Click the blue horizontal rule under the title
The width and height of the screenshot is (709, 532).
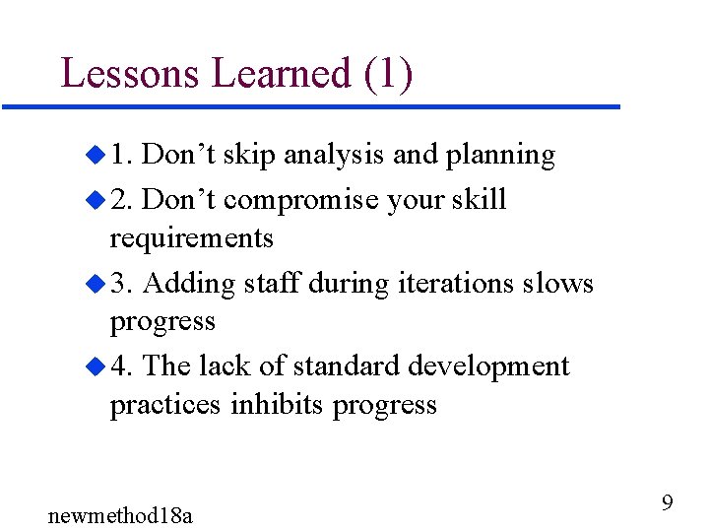point(310,106)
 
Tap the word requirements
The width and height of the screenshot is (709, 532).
point(191,239)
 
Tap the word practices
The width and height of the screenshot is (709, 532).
point(165,405)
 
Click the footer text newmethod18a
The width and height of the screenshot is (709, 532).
point(120,514)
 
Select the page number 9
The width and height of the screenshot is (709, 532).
point(667,503)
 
